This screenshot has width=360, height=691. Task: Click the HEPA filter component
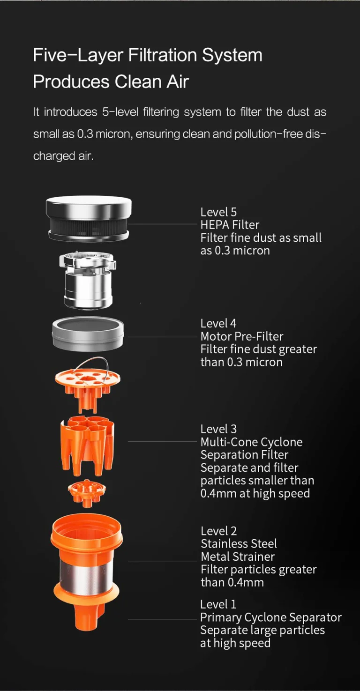coord(89,219)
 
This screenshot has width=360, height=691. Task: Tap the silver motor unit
coord(88,280)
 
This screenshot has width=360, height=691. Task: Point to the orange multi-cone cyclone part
coord(87,445)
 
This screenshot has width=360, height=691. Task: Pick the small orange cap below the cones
coord(87,493)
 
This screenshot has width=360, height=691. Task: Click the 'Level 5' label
coord(218,212)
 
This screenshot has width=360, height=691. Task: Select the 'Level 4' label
coord(218,323)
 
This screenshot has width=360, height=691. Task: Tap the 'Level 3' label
coord(218,429)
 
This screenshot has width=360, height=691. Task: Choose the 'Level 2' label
coord(218,531)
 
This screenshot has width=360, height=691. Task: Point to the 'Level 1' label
coord(218,604)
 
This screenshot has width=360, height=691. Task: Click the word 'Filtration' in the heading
coord(162,55)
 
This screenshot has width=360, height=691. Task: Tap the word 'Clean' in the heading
coord(138,82)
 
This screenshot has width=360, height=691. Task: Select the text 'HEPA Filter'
coord(230,225)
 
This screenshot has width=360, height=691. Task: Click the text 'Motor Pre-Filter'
coord(242,336)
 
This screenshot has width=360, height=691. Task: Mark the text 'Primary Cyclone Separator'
coord(271,617)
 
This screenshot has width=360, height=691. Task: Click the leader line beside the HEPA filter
coord(162,224)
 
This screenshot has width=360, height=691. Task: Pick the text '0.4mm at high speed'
coord(255,494)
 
